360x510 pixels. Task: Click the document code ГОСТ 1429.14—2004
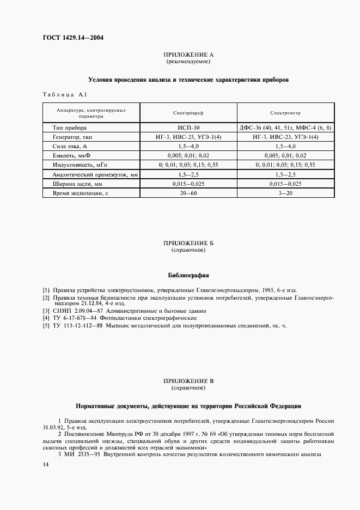tap(72, 38)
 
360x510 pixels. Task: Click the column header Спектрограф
tap(188, 113)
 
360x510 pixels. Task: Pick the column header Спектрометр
tap(285, 113)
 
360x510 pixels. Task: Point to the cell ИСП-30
tap(188, 127)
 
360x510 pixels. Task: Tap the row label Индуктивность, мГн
tap(81, 165)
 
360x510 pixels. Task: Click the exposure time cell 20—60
tap(188, 193)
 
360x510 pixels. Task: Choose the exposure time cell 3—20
tap(285, 193)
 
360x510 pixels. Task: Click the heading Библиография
tap(188, 276)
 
